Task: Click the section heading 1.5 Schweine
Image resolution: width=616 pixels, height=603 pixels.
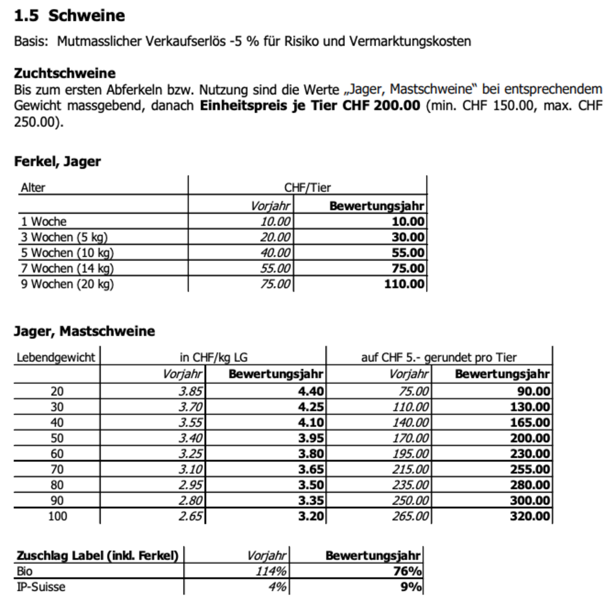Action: point(69,15)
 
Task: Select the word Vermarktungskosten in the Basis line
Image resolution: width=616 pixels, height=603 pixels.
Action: point(410,41)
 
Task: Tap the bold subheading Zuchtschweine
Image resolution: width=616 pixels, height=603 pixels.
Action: point(65,73)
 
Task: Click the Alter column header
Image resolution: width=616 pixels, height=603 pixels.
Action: point(33,188)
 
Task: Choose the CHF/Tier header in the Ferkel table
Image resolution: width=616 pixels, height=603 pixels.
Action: point(307,188)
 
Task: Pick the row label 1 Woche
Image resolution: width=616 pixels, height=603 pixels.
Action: point(44,221)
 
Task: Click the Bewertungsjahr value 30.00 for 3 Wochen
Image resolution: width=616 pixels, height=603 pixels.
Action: point(408,237)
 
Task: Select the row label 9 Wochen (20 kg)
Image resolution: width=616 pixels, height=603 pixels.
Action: point(67,284)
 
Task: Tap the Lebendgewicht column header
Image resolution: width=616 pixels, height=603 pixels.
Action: point(56,357)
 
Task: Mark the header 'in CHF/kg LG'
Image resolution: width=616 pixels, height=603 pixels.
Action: point(210,357)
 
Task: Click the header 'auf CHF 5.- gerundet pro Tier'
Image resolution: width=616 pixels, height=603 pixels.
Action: point(439,357)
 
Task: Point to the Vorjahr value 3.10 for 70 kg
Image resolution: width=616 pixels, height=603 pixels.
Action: point(191,469)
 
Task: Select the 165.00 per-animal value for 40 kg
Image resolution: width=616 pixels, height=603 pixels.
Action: point(530,422)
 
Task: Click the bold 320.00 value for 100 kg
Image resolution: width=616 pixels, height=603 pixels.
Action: point(530,516)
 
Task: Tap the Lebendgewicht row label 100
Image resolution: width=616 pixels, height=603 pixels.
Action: point(57,516)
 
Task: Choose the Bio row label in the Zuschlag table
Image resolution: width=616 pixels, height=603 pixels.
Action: point(25,571)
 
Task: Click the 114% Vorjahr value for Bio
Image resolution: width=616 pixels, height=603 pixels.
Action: point(271,571)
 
